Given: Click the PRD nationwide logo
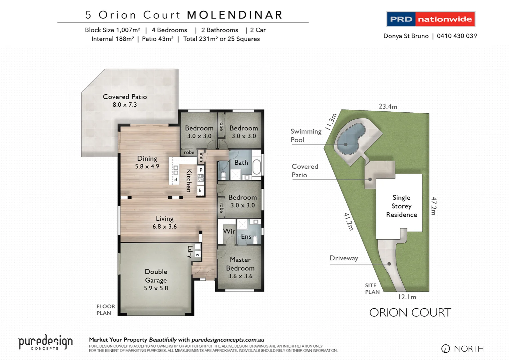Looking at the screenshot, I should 430,19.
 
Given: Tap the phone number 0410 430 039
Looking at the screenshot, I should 457,36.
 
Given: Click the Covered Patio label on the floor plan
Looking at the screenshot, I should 125,100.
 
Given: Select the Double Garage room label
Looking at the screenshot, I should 156,280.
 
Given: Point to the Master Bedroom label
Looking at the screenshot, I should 240,268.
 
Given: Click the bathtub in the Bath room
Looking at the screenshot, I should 256,167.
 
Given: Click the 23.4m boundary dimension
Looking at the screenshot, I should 388,107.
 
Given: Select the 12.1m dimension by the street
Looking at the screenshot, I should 407,297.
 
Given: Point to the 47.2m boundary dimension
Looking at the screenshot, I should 433,206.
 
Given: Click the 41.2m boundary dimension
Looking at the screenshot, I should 348,222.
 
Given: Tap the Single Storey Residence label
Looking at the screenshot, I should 401,206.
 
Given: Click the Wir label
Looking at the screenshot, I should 229,231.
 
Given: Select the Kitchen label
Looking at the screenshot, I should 189,180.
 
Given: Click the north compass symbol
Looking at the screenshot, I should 445,349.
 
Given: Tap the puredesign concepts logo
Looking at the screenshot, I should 45,343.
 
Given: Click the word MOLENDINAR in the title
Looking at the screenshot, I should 235,15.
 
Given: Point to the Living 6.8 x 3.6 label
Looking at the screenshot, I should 165,222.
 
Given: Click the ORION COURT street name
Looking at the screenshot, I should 410,313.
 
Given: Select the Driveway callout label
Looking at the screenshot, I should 344,258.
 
